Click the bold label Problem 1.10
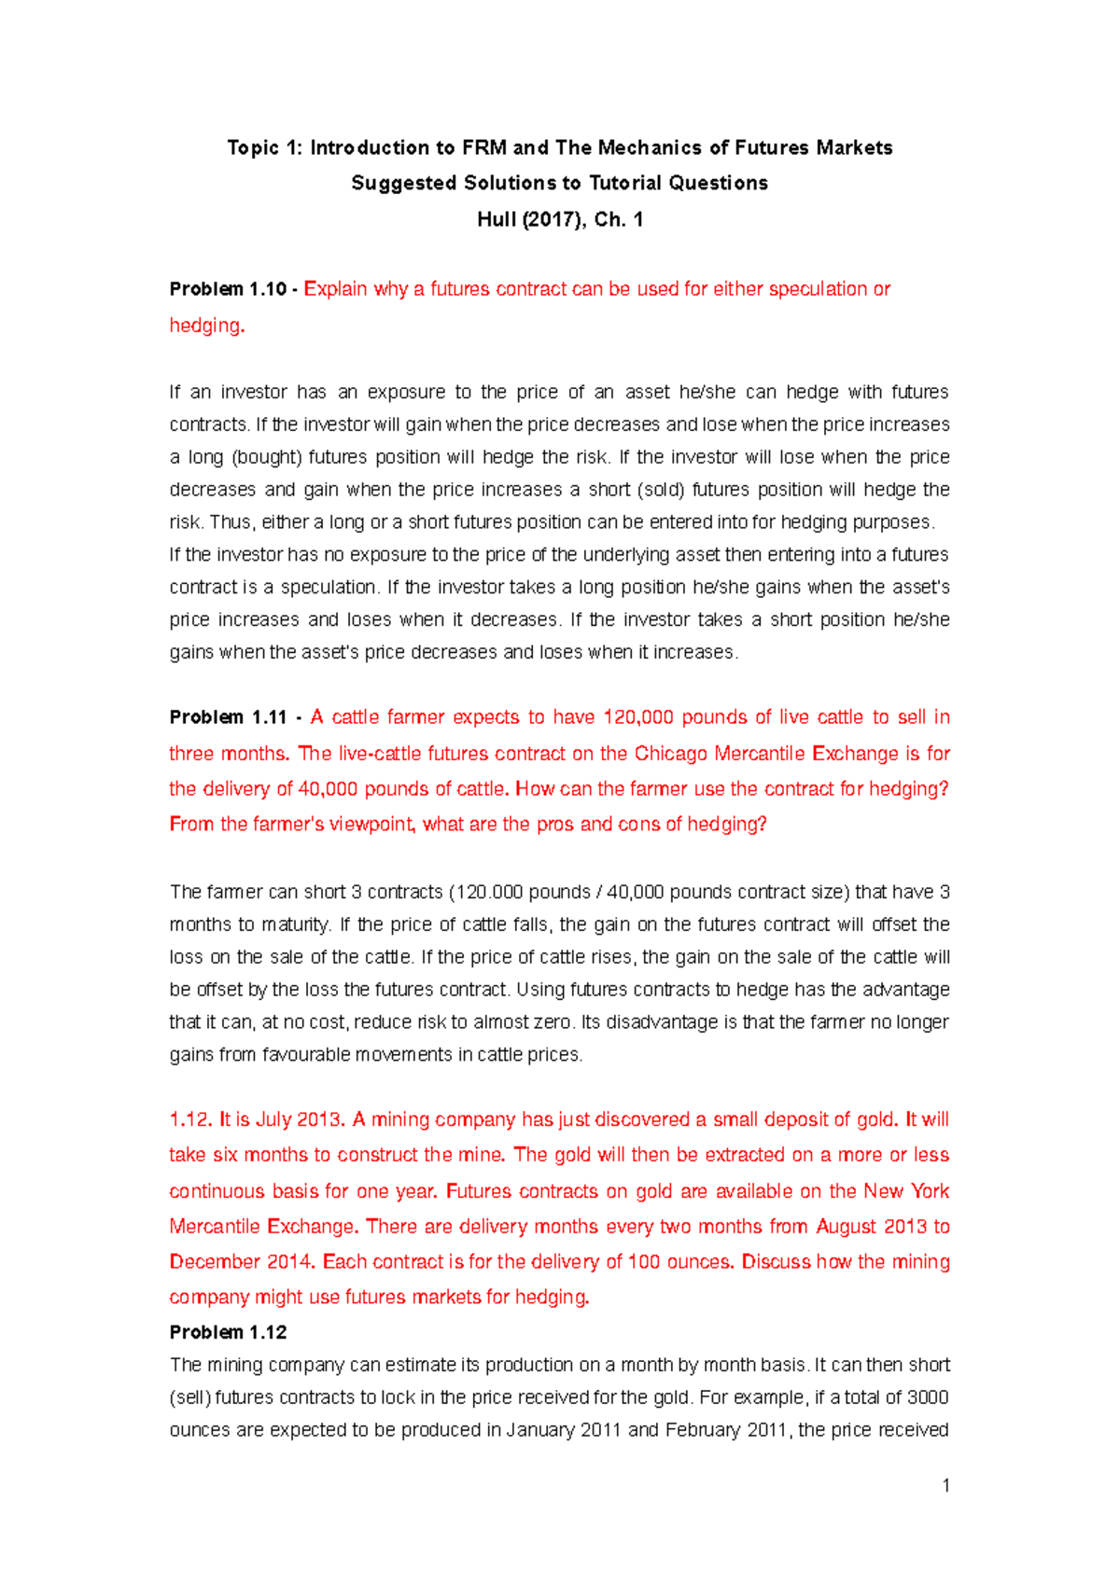pyautogui.click(x=228, y=289)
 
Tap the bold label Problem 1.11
pyautogui.click(x=228, y=717)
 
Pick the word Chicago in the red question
pyautogui.click(x=671, y=753)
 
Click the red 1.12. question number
pyautogui.click(x=191, y=1119)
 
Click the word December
pyautogui.click(x=214, y=1261)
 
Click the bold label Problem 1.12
pyautogui.click(x=228, y=1332)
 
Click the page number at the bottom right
pyautogui.click(x=945, y=1486)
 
